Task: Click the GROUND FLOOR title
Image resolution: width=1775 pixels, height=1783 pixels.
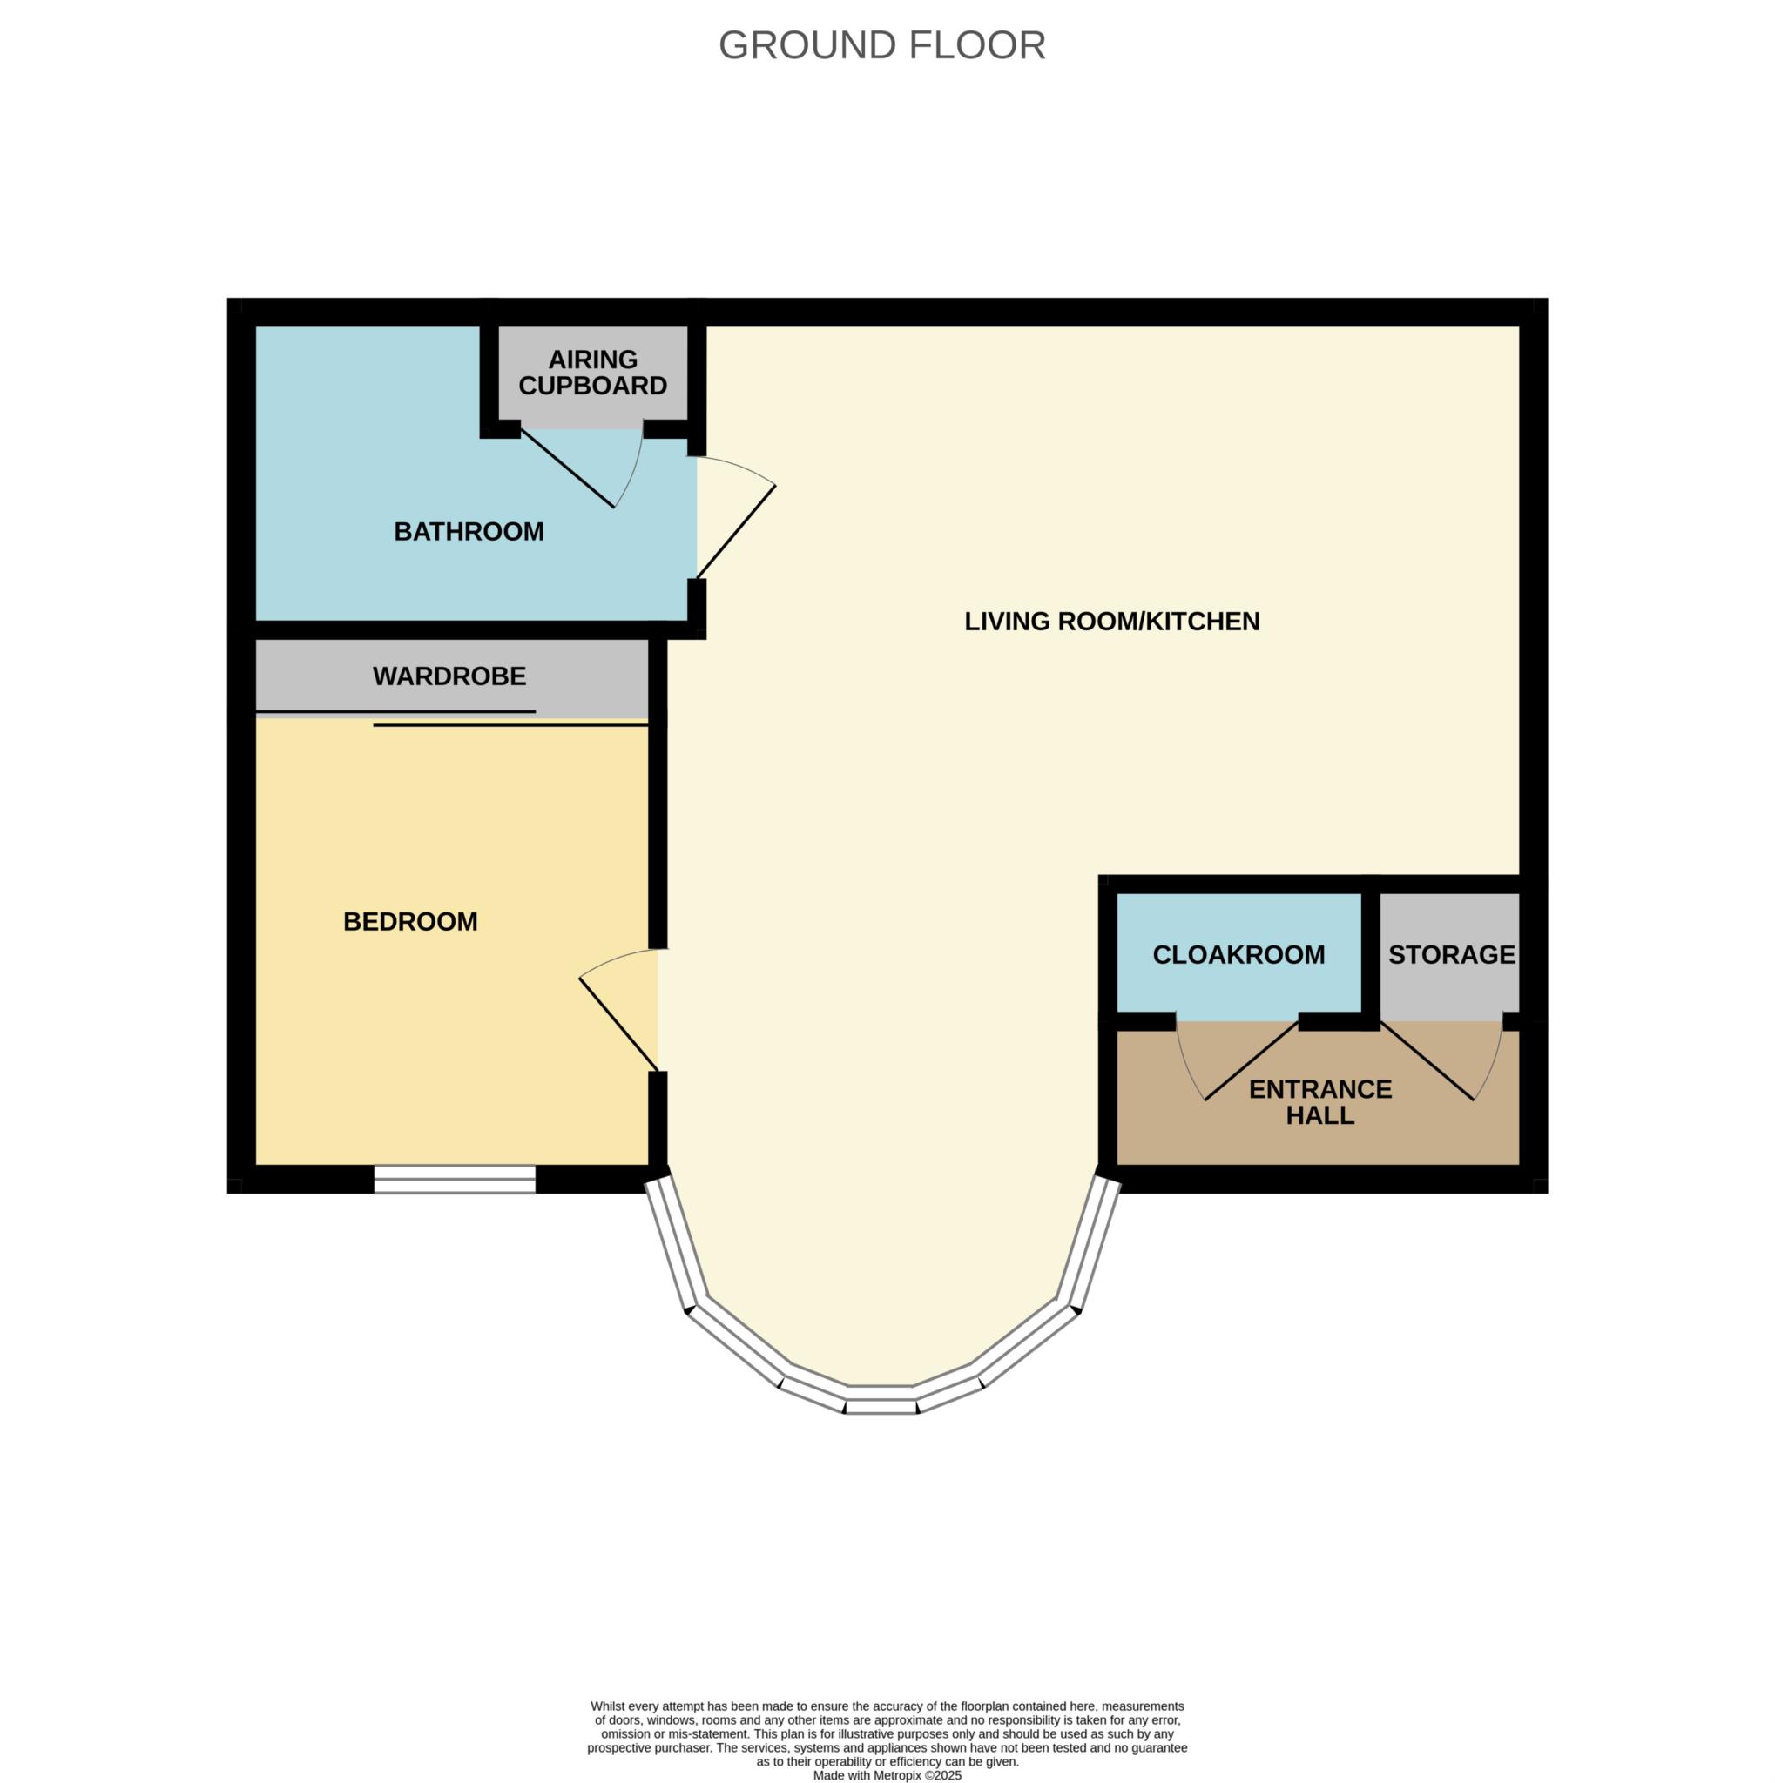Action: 881,45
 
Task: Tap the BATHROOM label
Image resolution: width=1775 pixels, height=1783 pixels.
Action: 469,532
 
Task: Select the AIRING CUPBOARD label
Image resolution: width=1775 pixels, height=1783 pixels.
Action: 592,373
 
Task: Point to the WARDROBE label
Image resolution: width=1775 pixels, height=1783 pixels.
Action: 449,676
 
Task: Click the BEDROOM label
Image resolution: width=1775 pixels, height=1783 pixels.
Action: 411,921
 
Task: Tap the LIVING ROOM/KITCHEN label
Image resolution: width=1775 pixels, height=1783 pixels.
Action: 1112,621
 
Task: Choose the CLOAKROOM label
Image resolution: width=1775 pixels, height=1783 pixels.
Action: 1238,954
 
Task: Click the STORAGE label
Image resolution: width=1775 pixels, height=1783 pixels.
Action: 1452,954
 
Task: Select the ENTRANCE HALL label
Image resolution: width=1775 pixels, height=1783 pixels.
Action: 1320,1102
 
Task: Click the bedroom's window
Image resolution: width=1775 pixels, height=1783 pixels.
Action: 455,1179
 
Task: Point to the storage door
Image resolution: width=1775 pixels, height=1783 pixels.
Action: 1426,1061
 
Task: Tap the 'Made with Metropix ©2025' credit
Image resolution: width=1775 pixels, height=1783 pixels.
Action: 887,1774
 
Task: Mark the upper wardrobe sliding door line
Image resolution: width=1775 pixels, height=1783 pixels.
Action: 395,711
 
